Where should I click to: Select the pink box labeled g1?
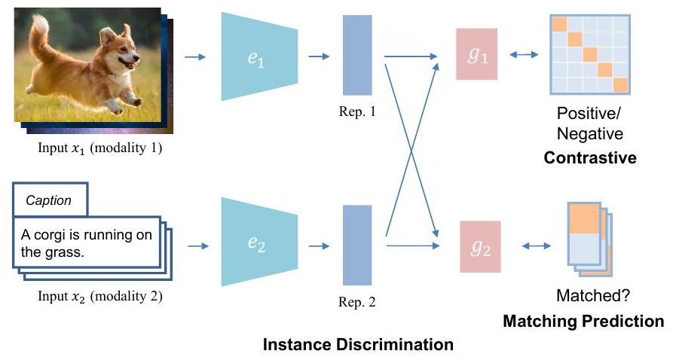point(476,54)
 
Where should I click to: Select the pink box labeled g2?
point(480,246)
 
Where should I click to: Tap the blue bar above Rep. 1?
point(357,56)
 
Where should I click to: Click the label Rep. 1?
point(357,112)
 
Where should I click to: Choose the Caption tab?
point(49,200)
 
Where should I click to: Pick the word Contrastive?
point(590,158)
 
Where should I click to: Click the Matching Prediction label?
point(583,322)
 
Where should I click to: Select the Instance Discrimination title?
point(358,345)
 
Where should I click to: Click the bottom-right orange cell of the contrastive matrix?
point(620,84)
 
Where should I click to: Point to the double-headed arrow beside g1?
point(524,54)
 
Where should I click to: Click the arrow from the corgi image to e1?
point(195,56)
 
